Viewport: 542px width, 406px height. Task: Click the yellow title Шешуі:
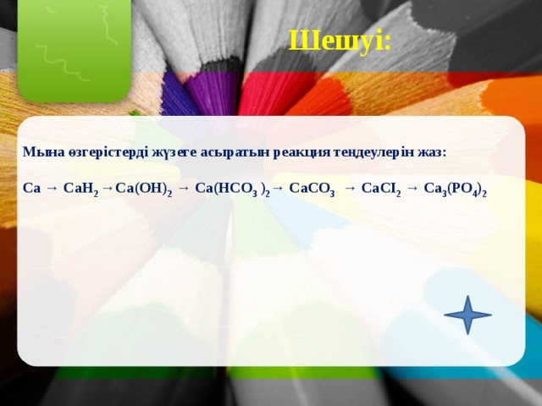click(340, 41)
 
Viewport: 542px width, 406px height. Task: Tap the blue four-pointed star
click(467, 315)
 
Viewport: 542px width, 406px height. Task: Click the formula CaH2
click(81, 189)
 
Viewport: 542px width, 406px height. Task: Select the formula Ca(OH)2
click(144, 189)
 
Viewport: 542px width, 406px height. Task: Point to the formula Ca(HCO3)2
click(232, 189)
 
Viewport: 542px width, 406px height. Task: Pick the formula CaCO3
click(312, 189)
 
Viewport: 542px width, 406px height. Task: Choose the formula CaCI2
click(381, 189)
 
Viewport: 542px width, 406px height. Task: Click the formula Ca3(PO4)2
click(456, 189)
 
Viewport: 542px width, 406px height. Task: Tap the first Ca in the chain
click(31, 189)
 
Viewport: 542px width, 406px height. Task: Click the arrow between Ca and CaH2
click(52, 189)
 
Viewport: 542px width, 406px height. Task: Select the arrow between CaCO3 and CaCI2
click(350, 189)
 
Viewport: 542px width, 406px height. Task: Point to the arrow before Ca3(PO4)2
click(412, 189)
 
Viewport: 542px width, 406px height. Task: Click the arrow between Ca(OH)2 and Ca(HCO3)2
click(184, 189)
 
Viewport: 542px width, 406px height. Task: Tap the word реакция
click(301, 153)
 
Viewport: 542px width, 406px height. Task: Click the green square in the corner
click(75, 51)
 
